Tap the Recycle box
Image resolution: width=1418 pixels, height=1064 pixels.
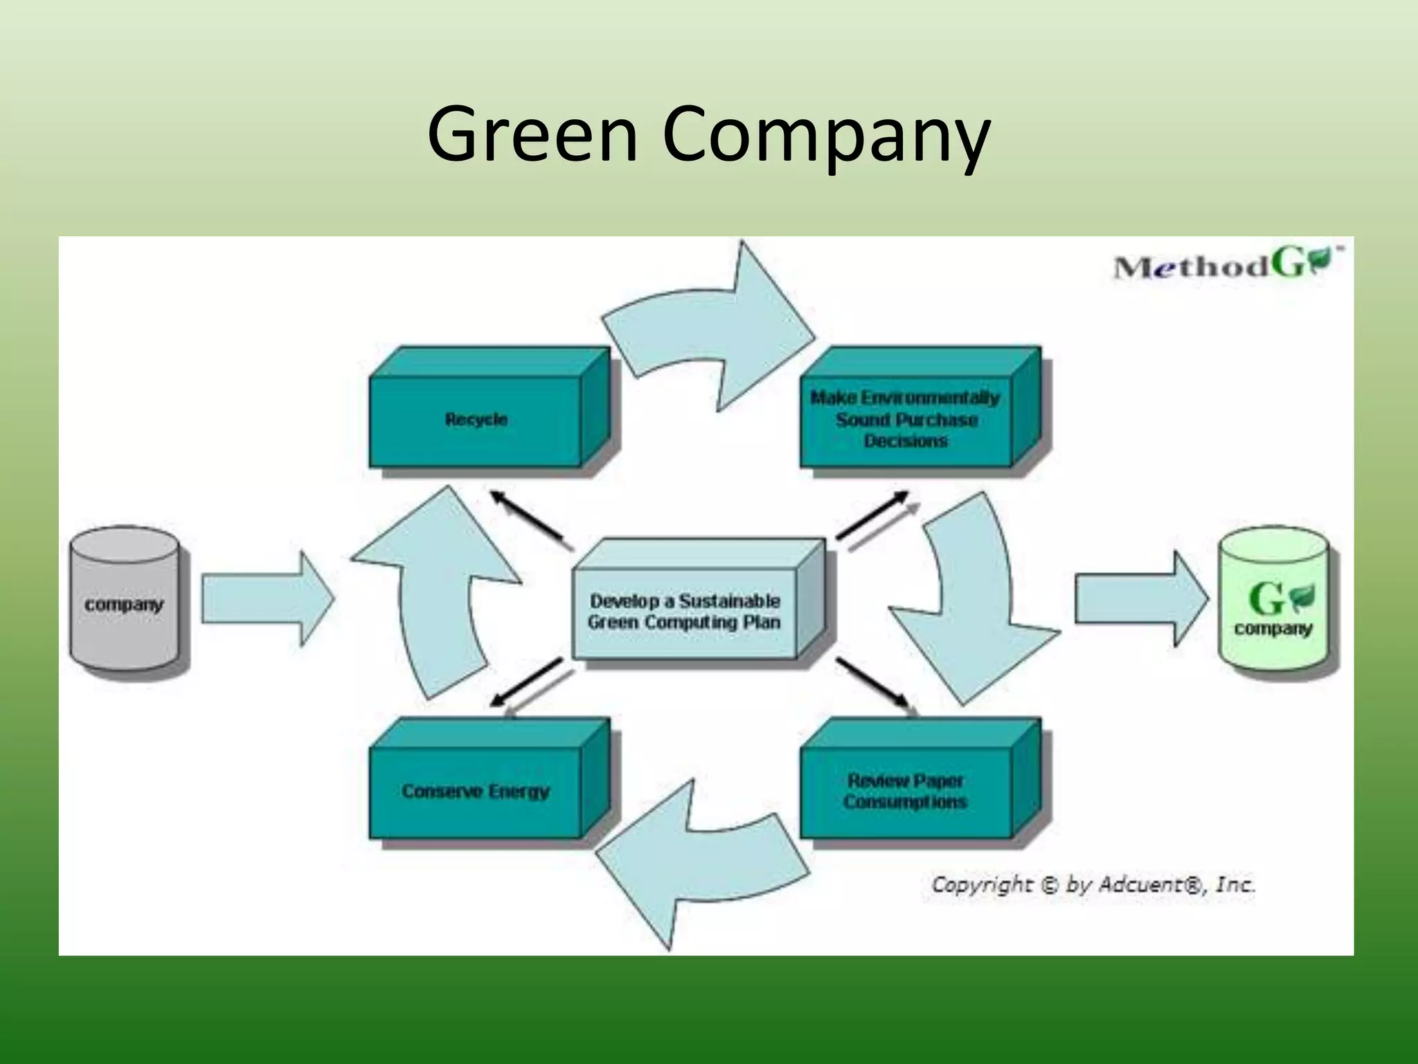tap(476, 420)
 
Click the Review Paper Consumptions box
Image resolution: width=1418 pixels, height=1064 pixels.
tap(905, 791)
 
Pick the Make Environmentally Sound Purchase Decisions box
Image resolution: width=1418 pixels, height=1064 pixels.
tap(905, 420)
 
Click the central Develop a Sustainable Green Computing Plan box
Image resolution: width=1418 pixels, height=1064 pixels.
tap(684, 612)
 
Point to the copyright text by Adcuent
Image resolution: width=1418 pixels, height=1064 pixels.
tap(1093, 885)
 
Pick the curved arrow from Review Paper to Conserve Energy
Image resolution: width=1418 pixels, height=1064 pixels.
tap(699, 866)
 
